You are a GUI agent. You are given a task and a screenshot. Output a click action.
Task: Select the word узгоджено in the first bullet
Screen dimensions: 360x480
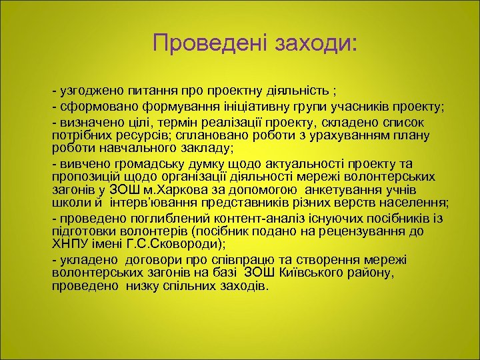pos(87,90)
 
